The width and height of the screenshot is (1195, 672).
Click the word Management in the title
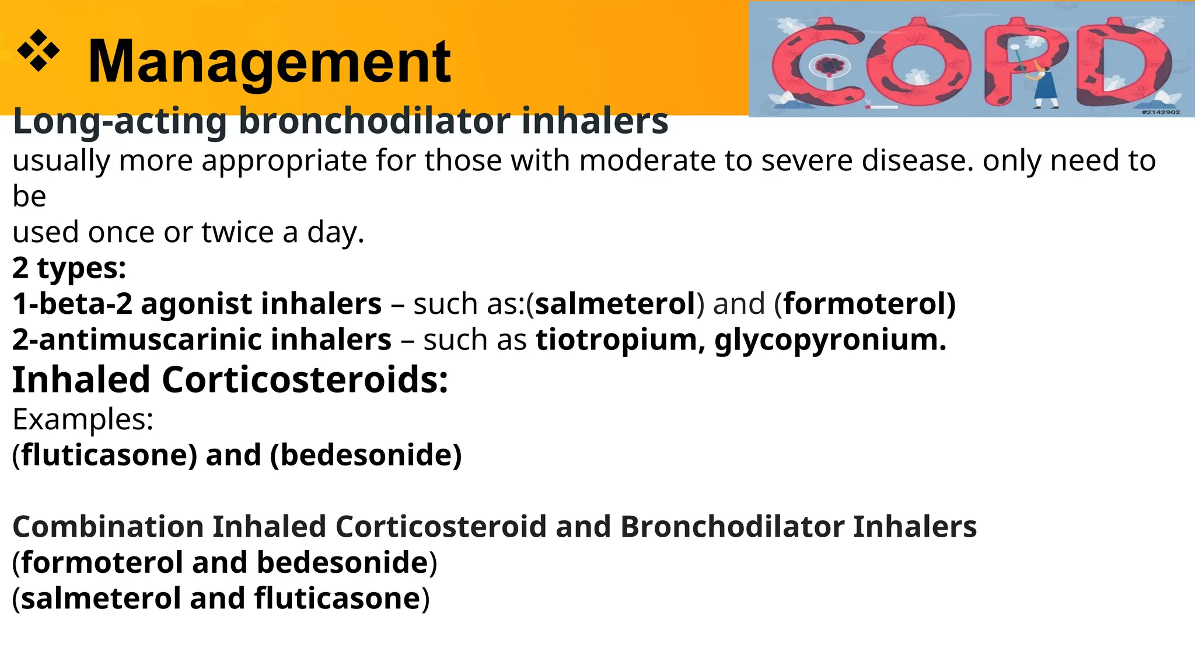tap(269, 62)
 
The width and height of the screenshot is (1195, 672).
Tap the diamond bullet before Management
tap(39, 51)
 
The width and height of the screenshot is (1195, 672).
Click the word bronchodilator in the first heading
tap(374, 121)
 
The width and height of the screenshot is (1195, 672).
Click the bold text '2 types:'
tap(69, 268)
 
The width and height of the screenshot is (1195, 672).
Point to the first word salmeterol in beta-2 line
tap(615, 304)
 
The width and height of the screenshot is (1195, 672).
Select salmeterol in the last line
tap(100, 599)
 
